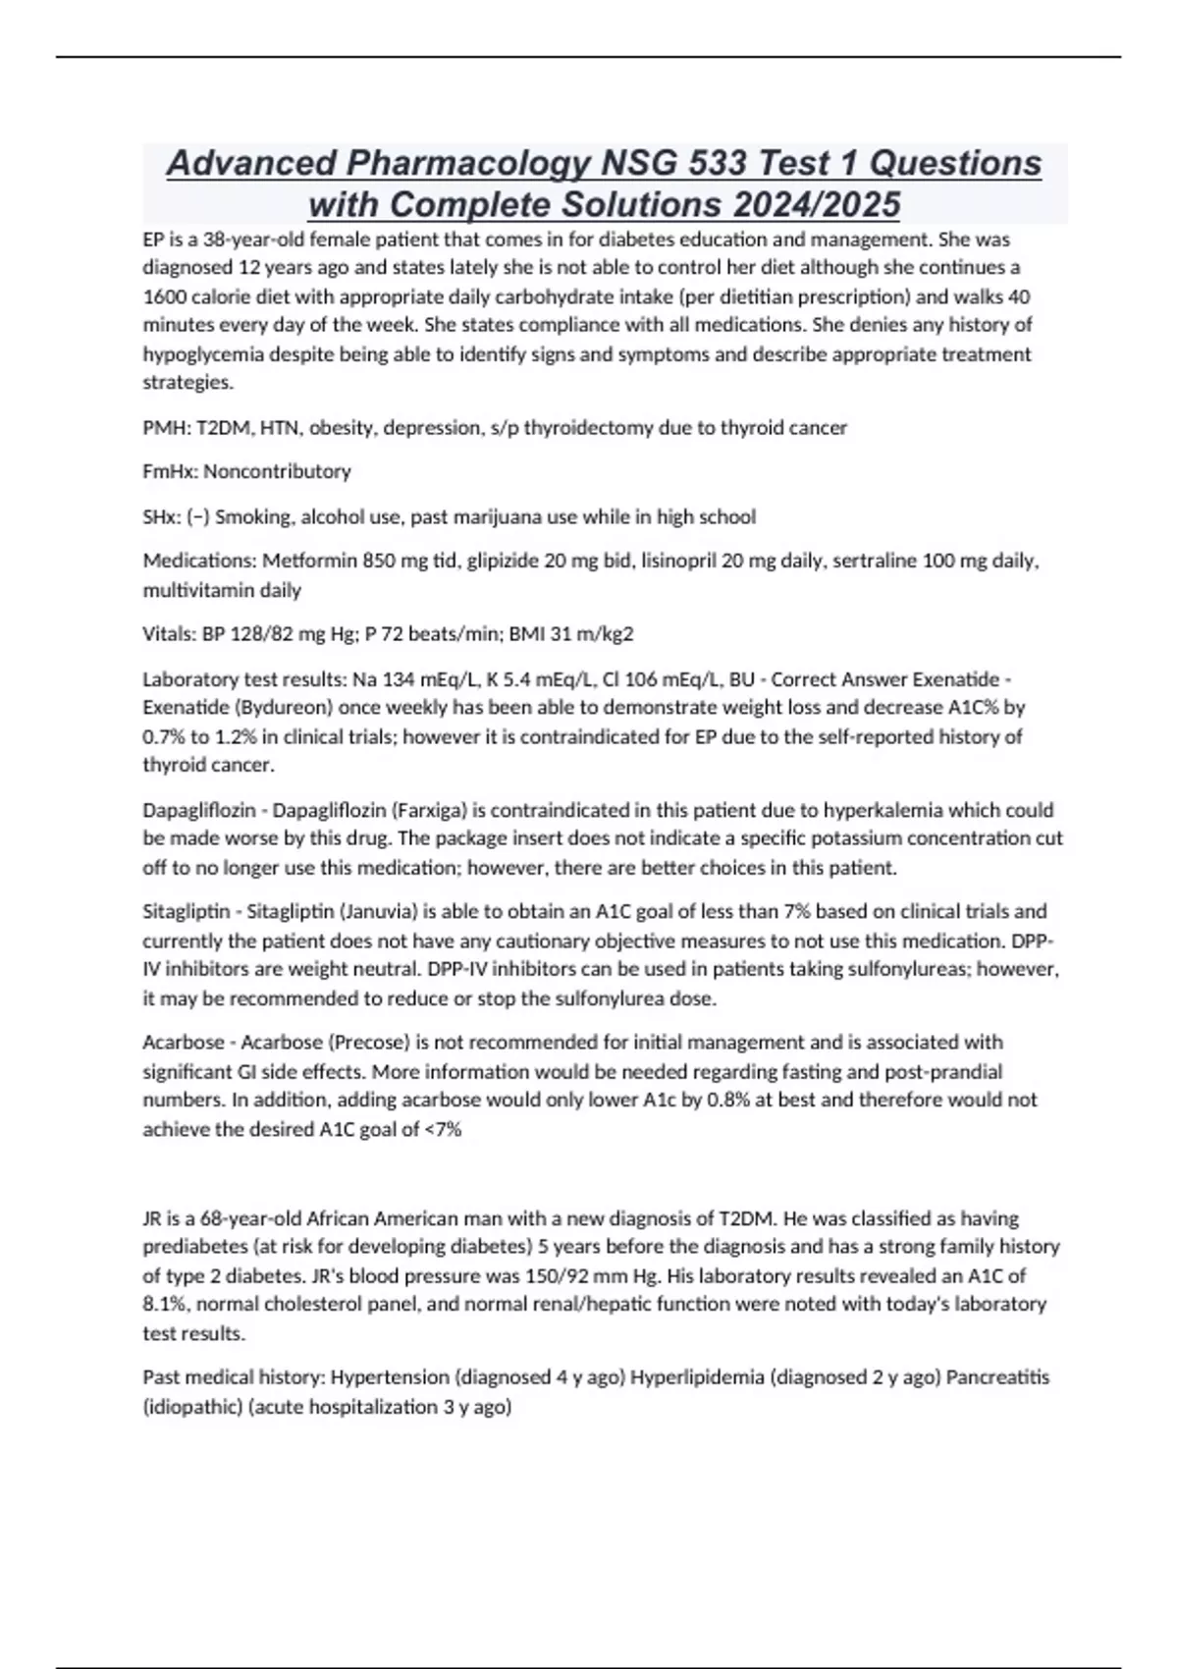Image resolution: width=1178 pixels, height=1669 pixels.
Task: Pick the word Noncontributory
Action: click(x=277, y=471)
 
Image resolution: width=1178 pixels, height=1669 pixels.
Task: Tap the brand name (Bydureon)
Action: click(x=261, y=708)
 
